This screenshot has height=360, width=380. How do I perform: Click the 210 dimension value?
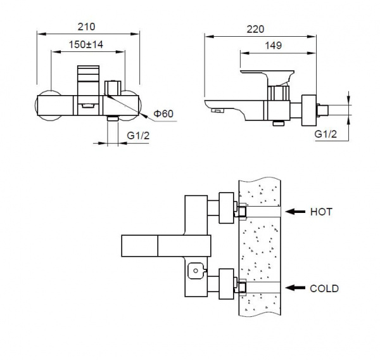click(86, 27)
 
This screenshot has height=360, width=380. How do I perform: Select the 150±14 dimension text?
click(86, 44)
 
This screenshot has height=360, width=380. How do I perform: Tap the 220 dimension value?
click(255, 29)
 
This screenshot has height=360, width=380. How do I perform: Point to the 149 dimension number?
click(274, 46)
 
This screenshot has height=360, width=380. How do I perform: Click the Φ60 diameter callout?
click(163, 113)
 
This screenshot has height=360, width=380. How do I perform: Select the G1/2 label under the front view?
click(138, 136)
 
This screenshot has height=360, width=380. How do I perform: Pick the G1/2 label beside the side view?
click(326, 134)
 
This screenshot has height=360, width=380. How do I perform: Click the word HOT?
click(321, 212)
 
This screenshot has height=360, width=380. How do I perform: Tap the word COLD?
click(324, 288)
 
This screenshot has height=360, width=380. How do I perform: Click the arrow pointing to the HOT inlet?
click(295, 212)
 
